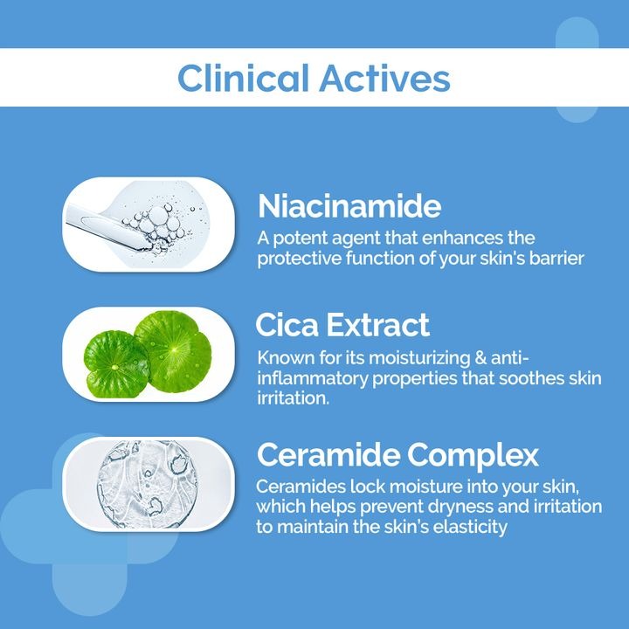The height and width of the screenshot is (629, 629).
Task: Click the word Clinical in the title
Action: [243, 78]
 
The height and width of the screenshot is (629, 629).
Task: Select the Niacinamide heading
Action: [349, 206]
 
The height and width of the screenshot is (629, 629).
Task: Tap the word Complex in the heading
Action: [481, 455]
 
